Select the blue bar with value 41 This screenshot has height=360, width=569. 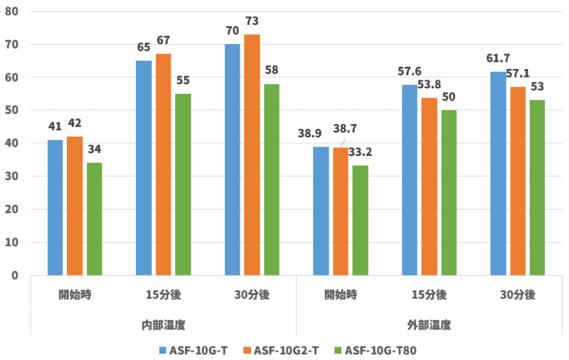55,207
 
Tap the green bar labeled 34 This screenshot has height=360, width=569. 94,218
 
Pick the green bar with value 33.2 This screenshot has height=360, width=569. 360,220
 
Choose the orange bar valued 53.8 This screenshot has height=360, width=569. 429,186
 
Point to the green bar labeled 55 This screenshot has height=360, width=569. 183,184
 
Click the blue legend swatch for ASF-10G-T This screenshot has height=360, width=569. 162,350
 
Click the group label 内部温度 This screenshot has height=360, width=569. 163,325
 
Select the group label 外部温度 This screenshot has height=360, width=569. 429,325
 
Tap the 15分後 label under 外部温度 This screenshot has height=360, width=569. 429,295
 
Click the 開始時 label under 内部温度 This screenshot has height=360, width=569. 74,295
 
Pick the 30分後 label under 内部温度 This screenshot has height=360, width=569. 252,295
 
